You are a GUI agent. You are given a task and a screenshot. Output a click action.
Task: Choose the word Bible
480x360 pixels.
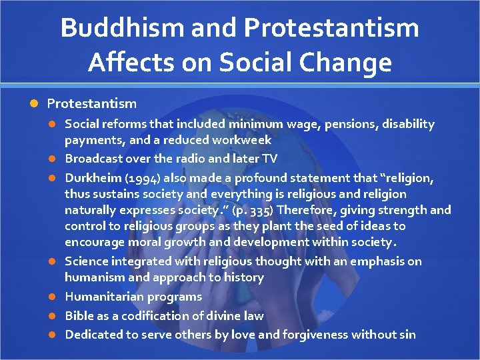coord(78,315)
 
